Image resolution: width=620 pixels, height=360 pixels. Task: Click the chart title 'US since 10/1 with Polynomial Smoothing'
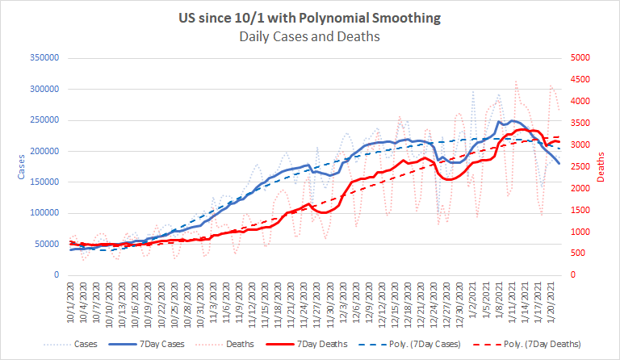[x=310, y=19]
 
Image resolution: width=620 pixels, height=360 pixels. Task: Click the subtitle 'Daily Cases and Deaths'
[x=310, y=36]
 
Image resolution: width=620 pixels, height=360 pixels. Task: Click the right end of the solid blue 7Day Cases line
[x=559, y=164]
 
